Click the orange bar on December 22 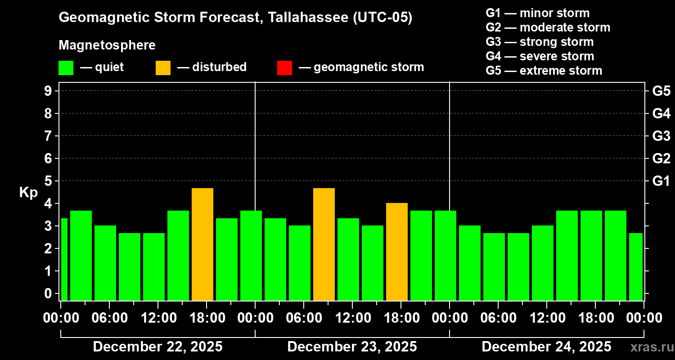[x=202, y=244]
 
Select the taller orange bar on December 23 [x=324, y=244]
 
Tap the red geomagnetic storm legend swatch [x=284, y=68]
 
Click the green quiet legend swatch [x=66, y=68]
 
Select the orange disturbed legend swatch [x=163, y=68]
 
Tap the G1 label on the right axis [x=661, y=181]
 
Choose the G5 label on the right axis [x=661, y=91]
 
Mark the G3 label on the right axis [x=661, y=136]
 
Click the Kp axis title [x=28, y=192]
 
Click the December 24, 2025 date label [x=546, y=347]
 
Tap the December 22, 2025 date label [x=157, y=347]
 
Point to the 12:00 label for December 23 [x=352, y=318]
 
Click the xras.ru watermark [x=648, y=347]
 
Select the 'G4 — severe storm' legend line [x=540, y=56]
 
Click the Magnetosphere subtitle [x=107, y=45]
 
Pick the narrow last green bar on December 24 [x=636, y=266]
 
